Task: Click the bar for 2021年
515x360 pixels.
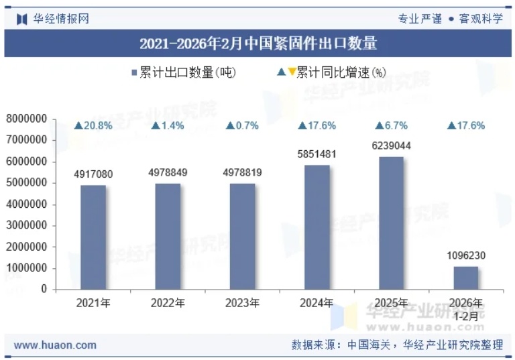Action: pos(93,237)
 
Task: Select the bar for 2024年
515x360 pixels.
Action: pos(317,227)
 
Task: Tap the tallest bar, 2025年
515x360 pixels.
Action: pos(392,223)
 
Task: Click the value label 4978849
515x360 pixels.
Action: pos(168,173)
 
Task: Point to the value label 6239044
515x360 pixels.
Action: pos(392,146)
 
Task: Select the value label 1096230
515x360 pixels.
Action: pos(466,255)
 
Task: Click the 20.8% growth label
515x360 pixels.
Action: pos(93,125)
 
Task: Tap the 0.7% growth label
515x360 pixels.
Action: pos(243,125)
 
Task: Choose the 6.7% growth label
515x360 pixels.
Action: pos(392,125)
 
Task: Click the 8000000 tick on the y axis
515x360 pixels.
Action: pos(26,119)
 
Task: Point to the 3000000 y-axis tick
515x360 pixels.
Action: pos(26,225)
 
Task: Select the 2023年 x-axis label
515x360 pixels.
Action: pos(243,303)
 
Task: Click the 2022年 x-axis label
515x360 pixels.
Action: pos(168,303)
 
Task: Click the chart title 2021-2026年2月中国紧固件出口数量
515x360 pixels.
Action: pos(257,44)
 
